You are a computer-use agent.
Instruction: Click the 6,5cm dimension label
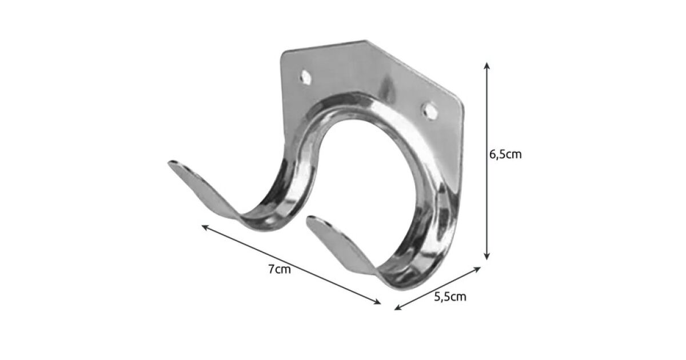tap(505, 155)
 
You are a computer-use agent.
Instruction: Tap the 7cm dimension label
tap(280, 269)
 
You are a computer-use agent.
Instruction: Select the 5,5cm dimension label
tap(450, 297)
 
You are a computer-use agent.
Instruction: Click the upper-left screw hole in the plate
tap(305, 77)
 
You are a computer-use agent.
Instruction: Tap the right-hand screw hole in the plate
tap(430, 110)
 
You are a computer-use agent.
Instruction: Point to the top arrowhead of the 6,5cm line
tap(486, 66)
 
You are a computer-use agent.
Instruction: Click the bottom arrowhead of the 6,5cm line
tap(486, 257)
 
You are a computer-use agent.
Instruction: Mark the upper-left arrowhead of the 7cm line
tap(205, 227)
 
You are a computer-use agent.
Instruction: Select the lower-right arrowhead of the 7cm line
tap(377, 302)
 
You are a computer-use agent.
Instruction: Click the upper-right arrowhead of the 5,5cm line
tap(477, 269)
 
